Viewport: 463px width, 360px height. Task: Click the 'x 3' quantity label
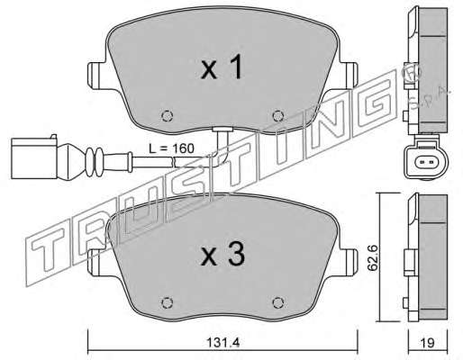222,255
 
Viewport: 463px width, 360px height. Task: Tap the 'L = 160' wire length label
172,148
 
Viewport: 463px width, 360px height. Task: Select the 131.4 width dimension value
224,342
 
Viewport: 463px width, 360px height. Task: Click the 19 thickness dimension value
428,343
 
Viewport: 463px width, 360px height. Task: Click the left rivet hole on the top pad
167,115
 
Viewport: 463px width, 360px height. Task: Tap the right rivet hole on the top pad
278,115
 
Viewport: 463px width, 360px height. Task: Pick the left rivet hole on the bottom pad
167,302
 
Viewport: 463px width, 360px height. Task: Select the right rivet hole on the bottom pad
278,302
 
